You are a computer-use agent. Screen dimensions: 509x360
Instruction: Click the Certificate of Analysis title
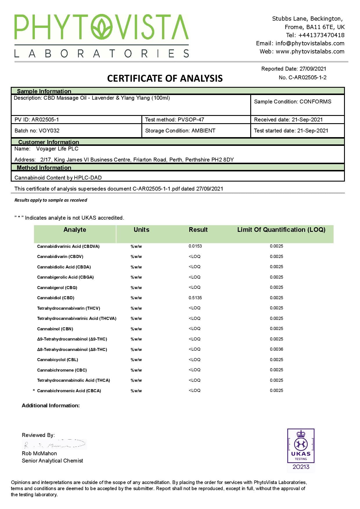pos(165,78)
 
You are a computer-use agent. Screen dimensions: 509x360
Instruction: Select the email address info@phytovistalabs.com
pos(310,43)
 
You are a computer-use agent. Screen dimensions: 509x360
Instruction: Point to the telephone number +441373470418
pos(321,35)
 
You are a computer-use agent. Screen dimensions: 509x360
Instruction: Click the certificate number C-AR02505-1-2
pos(307,78)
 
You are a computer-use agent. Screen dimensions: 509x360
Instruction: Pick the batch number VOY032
pos(49,131)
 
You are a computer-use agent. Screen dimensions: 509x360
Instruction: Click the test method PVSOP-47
pos(191,120)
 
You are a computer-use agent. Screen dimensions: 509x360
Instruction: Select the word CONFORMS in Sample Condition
pos(315,102)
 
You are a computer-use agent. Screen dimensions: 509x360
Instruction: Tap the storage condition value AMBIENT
pos(203,131)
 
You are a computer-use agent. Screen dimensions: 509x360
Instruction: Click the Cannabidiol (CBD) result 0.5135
pos(195,298)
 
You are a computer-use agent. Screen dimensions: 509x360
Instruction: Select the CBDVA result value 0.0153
pos(195,246)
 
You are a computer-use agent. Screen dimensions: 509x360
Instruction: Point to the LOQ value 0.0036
pos(276,349)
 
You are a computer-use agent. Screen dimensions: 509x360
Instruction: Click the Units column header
pos(141,230)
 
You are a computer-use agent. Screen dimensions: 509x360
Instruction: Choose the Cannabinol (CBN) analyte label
pos(55,329)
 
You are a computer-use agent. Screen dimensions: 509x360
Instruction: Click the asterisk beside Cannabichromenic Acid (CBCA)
pos(34,391)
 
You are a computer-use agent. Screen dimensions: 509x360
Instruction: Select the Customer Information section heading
pos(48,142)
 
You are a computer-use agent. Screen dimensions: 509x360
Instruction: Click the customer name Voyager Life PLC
pos(57,149)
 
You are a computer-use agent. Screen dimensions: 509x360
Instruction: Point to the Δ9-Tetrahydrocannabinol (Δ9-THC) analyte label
pos(72,339)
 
